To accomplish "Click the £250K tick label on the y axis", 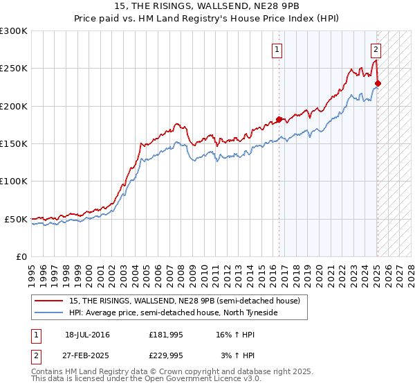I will point(14,69).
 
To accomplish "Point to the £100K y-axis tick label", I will point(14,181).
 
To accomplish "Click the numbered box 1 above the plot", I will point(277,49).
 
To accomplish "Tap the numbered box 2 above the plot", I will point(376,49).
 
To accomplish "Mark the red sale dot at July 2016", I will point(279,119).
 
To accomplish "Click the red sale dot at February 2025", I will point(378,84).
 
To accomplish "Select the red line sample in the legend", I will point(48,301).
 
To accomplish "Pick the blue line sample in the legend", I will point(48,312).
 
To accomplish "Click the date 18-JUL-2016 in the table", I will point(87,335).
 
